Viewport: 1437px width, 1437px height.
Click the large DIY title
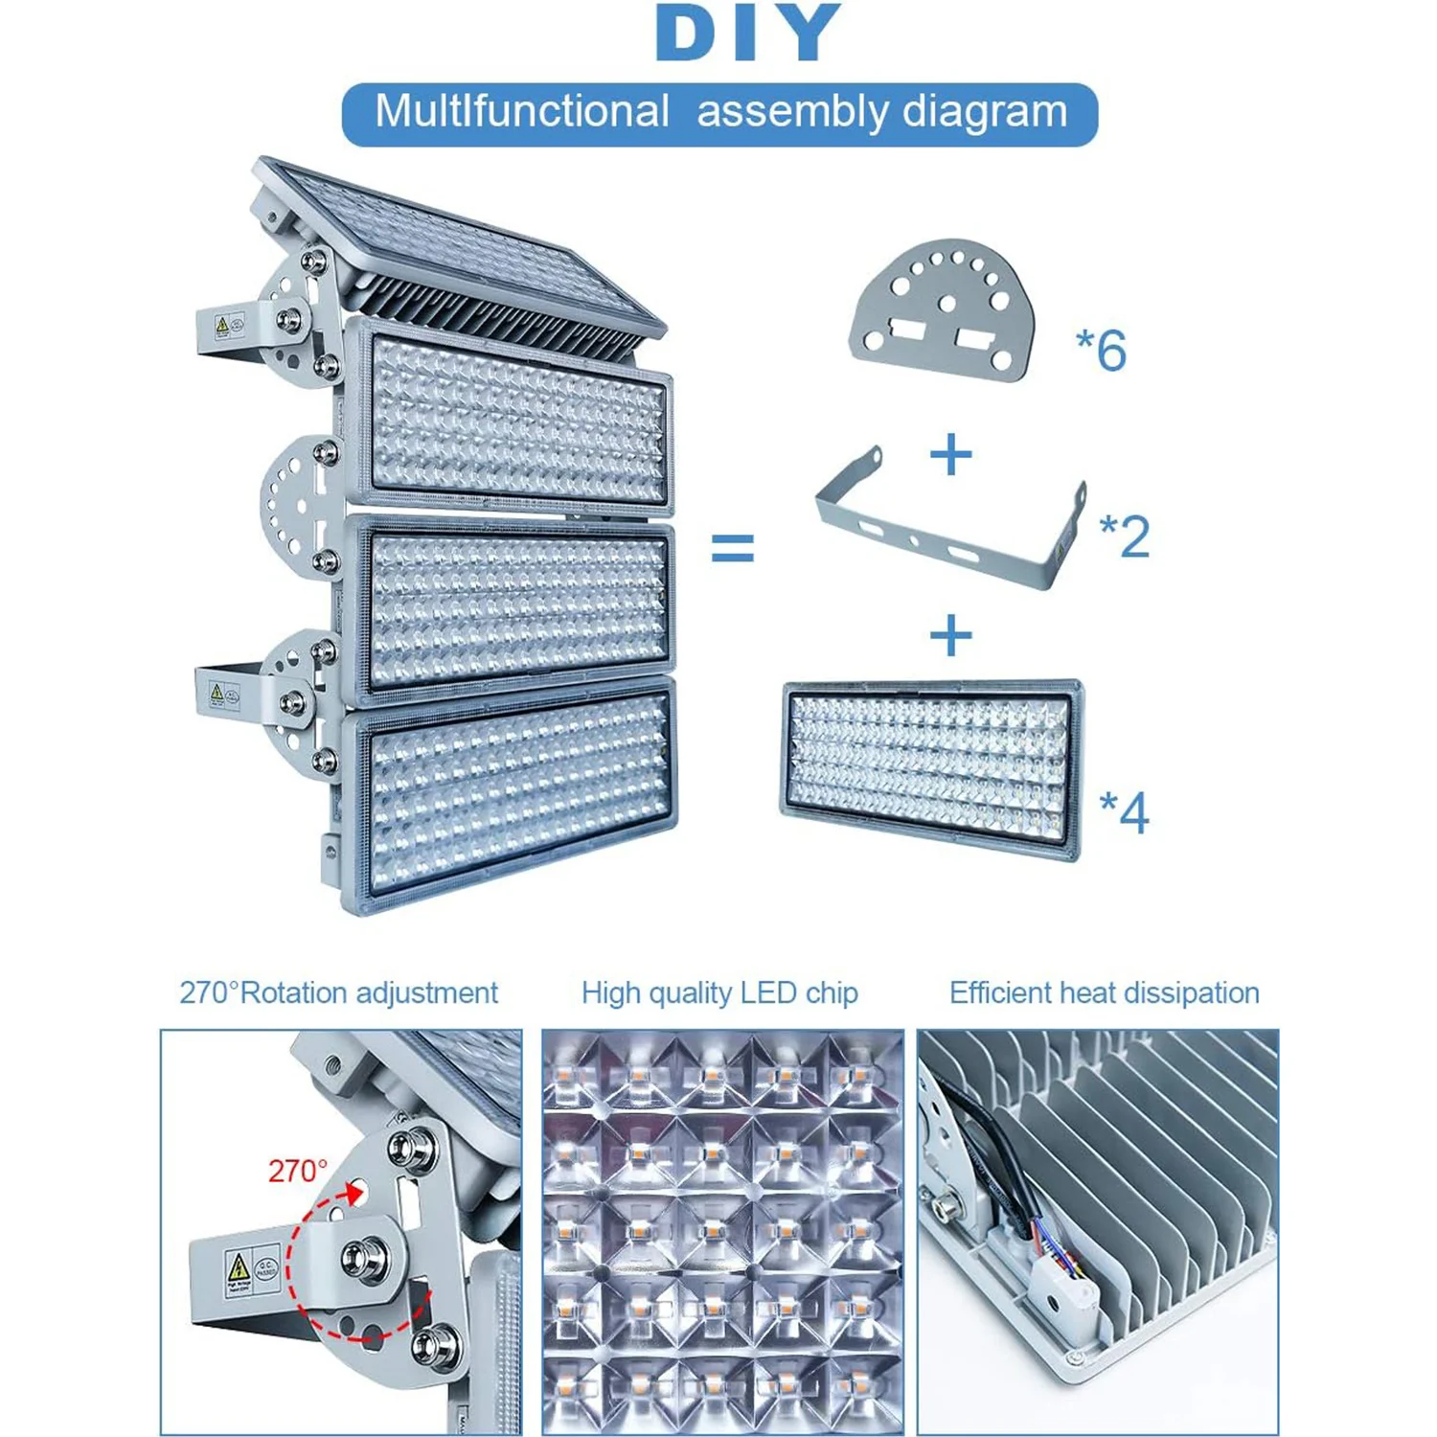(748, 34)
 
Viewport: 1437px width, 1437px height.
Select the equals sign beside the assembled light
(733, 549)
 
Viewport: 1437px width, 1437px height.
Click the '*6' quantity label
(1102, 350)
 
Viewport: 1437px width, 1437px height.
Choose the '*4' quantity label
(1125, 812)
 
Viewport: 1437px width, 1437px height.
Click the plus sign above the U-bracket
(950, 454)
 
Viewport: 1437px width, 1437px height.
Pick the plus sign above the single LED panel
(950, 635)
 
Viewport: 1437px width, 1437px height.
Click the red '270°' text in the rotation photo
(298, 1171)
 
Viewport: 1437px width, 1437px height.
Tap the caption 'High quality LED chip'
(719, 993)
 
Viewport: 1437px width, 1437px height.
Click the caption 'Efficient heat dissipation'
(1104, 993)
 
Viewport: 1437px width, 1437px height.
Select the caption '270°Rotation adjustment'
(338, 993)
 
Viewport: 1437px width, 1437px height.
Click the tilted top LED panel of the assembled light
(460, 244)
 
